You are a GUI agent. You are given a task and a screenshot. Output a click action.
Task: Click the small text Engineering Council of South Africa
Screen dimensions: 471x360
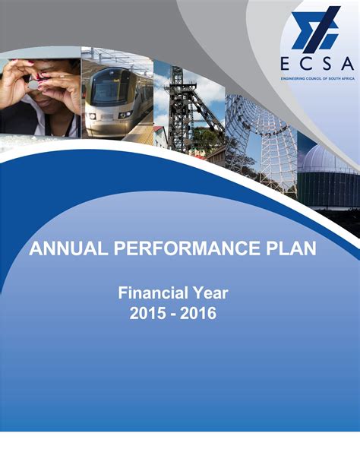(x=317, y=79)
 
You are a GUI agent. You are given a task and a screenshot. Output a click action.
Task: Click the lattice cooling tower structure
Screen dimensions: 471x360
(x=262, y=137)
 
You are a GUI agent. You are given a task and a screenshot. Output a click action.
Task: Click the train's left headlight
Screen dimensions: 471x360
(x=93, y=115)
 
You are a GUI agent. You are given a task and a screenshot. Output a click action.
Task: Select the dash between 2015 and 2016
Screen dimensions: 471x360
(x=173, y=313)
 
